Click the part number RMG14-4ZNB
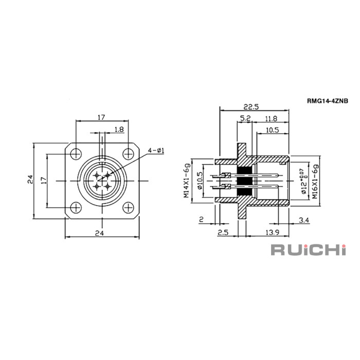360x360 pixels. pos(328,101)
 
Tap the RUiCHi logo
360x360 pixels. pos(309,249)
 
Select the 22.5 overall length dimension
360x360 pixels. pos(251,107)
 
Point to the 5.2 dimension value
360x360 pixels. pos(245,118)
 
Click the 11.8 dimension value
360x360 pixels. pos(271,118)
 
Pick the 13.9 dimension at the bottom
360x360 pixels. pos(272,232)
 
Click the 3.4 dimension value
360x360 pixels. pos(304,221)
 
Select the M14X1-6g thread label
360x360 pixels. pos(187,181)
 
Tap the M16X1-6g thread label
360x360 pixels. pos(315,182)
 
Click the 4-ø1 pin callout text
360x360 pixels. pos(156,151)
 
